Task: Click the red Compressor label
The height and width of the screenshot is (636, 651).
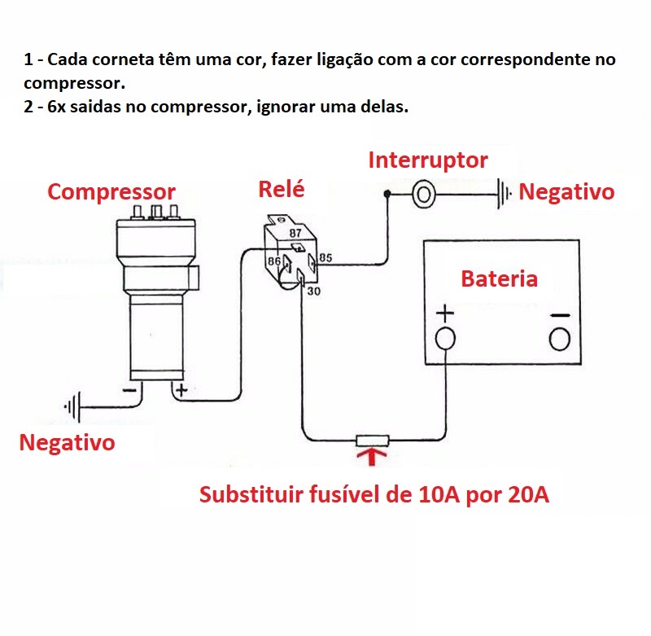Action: pos(111,192)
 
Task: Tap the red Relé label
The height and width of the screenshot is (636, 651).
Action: pos(281,189)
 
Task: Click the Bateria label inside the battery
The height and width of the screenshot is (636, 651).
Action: pos(499,279)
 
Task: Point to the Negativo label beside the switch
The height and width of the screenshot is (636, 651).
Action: pos(566,192)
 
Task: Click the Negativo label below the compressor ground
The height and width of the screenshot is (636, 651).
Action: pos(67,442)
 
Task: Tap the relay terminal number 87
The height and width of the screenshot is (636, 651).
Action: pos(296,234)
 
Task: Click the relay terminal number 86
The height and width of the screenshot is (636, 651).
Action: pos(274,262)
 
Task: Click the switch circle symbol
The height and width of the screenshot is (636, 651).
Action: pos(423,194)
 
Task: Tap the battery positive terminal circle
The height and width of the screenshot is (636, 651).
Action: pos(445,338)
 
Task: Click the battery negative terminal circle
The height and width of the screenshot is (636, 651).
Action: pos(560,338)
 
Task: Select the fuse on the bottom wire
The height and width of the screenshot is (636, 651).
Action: pos(372,441)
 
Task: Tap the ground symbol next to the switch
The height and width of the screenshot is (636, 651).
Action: pos(505,194)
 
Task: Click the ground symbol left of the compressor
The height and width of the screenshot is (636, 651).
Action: pos(74,406)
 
